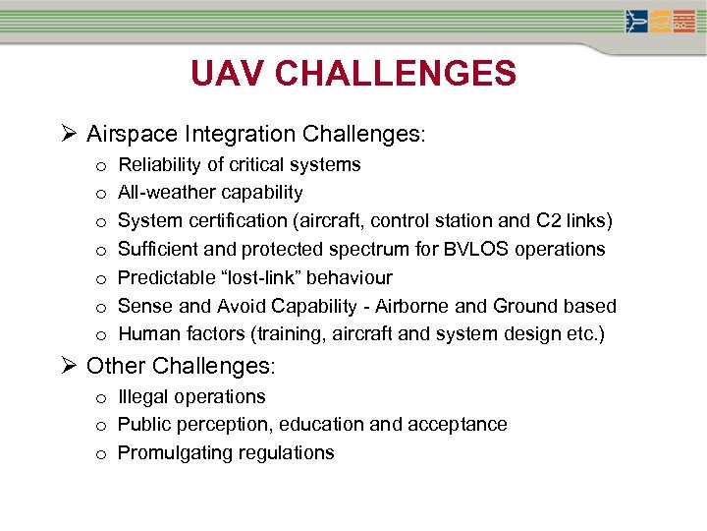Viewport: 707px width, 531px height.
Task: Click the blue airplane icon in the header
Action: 637,21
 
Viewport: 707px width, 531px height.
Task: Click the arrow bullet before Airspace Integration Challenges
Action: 69,133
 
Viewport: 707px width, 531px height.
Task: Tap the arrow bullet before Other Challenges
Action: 69,367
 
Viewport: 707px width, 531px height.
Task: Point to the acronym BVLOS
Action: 486,249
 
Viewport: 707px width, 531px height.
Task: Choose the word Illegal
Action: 141,396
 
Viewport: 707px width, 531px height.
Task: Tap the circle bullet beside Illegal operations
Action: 101,398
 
